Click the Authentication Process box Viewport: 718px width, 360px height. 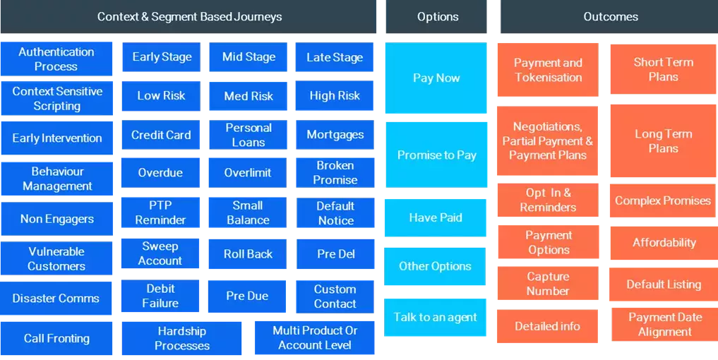[56, 59]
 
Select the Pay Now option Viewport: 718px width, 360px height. [436, 78]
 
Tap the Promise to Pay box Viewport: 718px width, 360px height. [436, 155]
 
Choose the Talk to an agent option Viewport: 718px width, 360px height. [436, 318]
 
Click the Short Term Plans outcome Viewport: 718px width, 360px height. [663, 69]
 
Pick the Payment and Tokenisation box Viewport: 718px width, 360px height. [548, 70]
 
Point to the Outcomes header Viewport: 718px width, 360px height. [610, 17]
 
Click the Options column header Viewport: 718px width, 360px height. [437, 17]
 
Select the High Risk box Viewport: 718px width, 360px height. [335, 96]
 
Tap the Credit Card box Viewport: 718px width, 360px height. [161, 135]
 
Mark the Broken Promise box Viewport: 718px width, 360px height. [335, 172]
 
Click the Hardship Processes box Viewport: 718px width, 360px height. [182, 338]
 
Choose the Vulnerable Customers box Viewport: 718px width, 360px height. [56, 258]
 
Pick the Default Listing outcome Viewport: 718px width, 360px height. [664, 284]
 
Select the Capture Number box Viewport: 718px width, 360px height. [548, 284]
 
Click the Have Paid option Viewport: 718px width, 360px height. [436, 217]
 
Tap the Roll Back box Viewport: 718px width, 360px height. [248, 254]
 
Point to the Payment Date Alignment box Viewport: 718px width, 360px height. [665, 325]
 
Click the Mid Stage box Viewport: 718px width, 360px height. [249, 57]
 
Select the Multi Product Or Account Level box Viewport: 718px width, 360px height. [315, 337]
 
